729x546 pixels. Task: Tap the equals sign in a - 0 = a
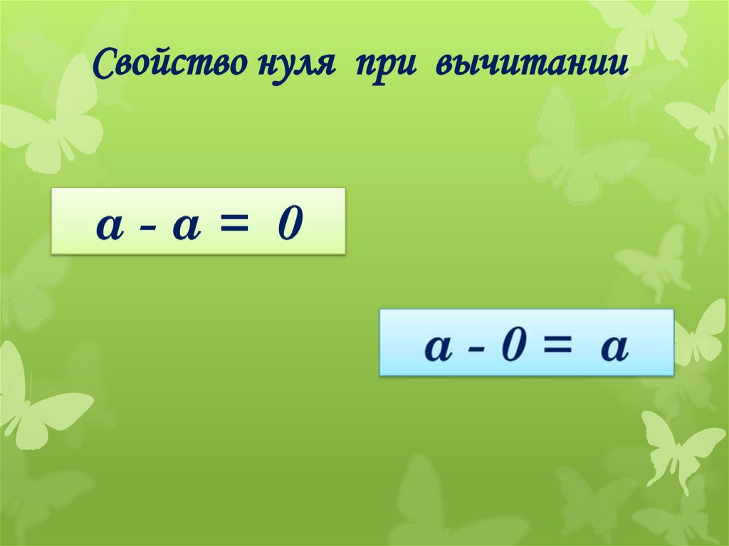coord(558,347)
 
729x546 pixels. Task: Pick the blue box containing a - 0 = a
coord(526,342)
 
